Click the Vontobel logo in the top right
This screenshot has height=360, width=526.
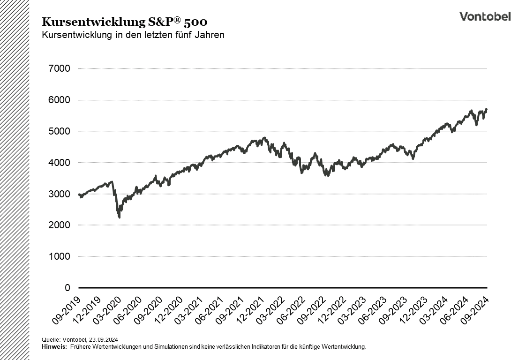[x=485, y=16]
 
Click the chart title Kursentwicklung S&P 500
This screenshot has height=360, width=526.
[x=125, y=22]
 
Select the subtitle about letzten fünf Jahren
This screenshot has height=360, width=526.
[x=133, y=35]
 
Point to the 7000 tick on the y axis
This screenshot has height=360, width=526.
[x=59, y=69]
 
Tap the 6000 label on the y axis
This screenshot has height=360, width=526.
[x=59, y=100]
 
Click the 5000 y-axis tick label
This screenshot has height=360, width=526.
[x=59, y=131]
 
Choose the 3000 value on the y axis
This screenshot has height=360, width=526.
[x=59, y=194]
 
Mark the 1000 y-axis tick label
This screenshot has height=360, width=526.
[x=59, y=256]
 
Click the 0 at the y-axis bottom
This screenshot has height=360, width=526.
[x=67, y=288]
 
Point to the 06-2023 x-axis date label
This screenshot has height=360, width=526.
[x=373, y=310]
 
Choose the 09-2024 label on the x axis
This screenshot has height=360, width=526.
[x=475, y=310]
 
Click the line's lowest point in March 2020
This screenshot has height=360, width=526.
[x=120, y=217]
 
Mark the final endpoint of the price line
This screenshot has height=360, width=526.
[x=487, y=109]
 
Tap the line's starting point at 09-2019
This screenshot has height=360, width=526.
[x=79, y=194]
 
